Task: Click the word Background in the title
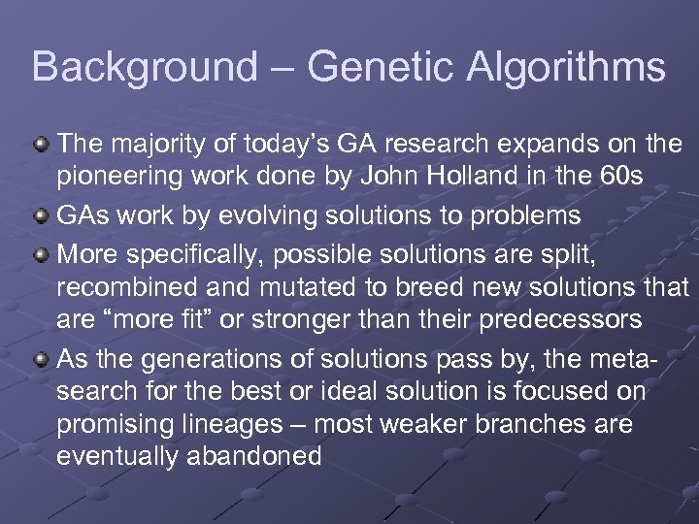click(x=145, y=68)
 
